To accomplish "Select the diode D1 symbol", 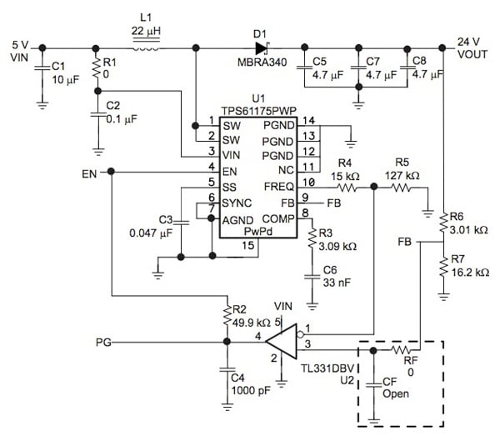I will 261,47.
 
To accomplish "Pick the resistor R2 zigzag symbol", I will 225,318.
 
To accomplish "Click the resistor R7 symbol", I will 442,267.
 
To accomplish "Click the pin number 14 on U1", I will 309,122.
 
